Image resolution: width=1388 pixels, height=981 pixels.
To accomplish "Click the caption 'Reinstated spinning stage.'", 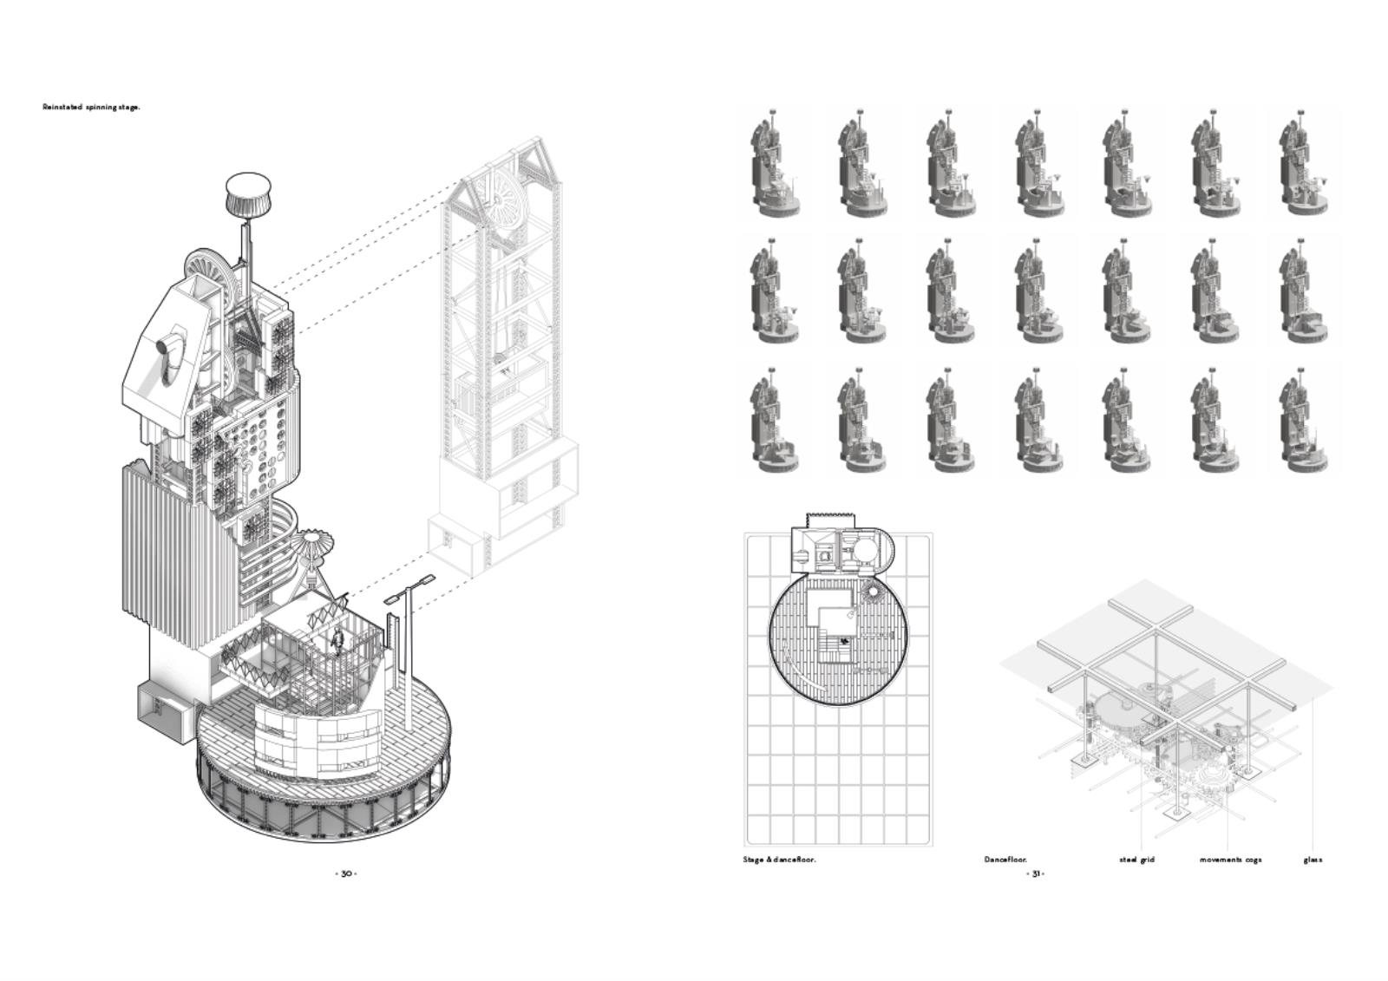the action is tap(91, 108).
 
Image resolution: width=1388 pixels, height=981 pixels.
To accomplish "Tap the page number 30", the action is tap(346, 873).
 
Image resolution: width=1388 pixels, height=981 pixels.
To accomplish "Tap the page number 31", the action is tap(1036, 873).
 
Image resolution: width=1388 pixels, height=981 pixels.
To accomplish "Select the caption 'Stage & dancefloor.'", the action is tap(780, 860).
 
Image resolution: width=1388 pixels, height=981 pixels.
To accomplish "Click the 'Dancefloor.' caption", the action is tap(1005, 860).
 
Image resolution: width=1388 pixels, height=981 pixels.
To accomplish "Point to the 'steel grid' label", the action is tap(1137, 860).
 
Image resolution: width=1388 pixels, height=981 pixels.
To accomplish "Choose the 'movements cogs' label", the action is tap(1231, 860).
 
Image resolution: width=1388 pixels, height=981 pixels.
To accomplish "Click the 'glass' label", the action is tap(1313, 860).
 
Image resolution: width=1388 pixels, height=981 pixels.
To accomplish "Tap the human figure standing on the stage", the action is tap(337, 641).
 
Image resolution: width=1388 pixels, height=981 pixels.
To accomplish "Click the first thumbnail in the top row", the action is tap(775, 163).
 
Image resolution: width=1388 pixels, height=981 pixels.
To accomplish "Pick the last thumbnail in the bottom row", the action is tap(1302, 422).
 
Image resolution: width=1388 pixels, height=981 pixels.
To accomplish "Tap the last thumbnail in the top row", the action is tap(1302, 163).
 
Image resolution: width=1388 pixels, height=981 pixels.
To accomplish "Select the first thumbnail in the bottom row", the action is tap(775, 422).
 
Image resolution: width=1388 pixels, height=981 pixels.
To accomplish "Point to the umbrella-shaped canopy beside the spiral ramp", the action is tap(316, 546).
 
